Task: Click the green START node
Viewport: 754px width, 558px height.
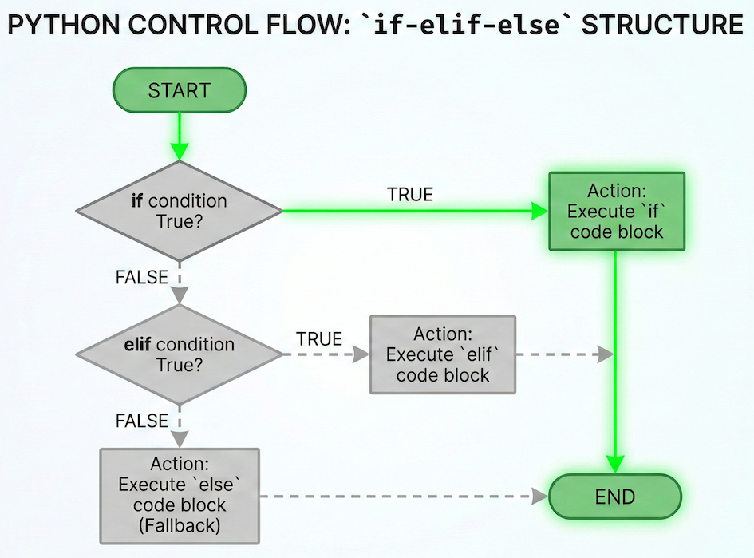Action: coord(179,89)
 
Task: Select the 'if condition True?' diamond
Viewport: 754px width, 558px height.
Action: coord(180,211)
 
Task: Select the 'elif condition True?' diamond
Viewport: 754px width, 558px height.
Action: coord(180,354)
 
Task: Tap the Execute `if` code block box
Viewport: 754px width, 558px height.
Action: coord(615,211)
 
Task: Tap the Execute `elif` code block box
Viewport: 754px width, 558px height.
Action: coord(442,354)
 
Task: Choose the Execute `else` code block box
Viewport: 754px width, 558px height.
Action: coord(179,495)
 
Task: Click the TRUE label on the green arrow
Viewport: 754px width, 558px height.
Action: coord(409,195)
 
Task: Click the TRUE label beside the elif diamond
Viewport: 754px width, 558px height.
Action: coord(319,338)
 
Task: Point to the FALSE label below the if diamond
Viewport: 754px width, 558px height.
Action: coord(142,278)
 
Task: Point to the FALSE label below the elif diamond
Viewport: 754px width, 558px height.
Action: coord(142,421)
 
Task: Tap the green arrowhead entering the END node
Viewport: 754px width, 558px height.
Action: coord(615,463)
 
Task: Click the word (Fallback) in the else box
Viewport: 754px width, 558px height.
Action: coord(179,525)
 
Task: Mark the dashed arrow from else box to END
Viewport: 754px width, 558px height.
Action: coord(399,496)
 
